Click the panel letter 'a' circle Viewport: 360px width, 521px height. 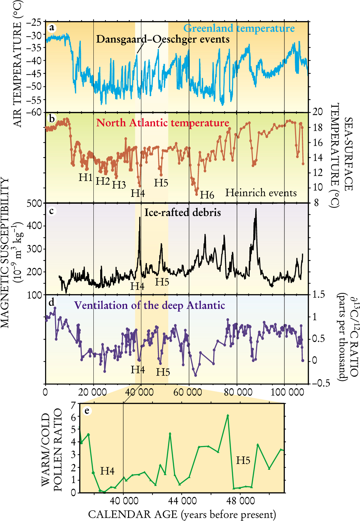pyautogui.click(x=51, y=28)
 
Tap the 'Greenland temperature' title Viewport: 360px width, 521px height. pyautogui.click(x=239, y=28)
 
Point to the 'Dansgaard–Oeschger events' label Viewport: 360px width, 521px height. pyautogui.click(x=163, y=39)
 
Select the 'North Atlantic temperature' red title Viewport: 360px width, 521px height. pyautogui.click(x=163, y=123)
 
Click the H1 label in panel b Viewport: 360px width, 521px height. pyautogui.click(x=86, y=177)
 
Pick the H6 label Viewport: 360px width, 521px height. pyautogui.click(x=207, y=195)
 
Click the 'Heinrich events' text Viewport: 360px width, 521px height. pyautogui.click(x=261, y=193)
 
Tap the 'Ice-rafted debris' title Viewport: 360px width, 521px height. pyautogui.click(x=183, y=212)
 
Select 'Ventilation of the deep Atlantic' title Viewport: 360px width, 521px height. pyautogui.click(x=150, y=305)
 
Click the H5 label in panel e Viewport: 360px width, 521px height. pyautogui.click(x=243, y=460)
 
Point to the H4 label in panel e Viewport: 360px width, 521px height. pyautogui.click(x=107, y=471)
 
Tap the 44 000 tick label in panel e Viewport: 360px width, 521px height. pyautogui.click(x=182, y=501)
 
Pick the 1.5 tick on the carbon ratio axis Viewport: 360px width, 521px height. pyautogui.click(x=318, y=295)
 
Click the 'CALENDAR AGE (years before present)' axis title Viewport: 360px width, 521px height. pyautogui.click(x=182, y=514)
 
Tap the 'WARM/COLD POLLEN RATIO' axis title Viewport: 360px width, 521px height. pyautogui.click(x=52, y=450)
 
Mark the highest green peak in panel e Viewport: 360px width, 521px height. pyautogui.click(x=228, y=416)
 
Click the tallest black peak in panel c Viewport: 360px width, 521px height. pyautogui.click(x=256, y=209)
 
